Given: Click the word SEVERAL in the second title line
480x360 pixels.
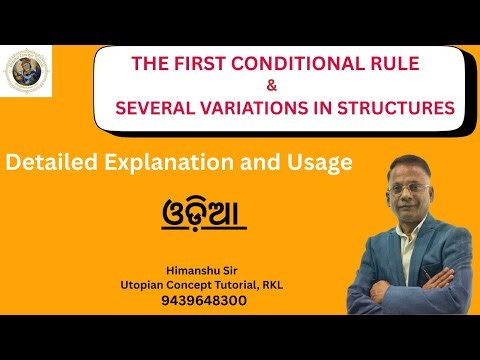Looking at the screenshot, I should coord(158,107).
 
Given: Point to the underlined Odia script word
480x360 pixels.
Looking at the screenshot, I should coord(203,212).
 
